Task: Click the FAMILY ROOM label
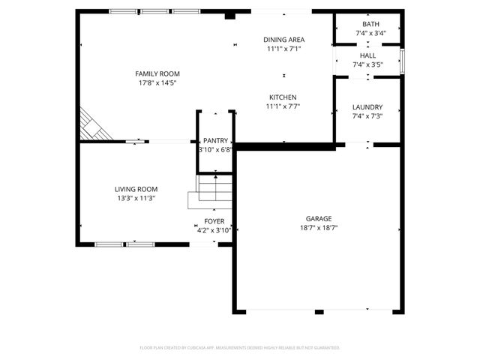157,73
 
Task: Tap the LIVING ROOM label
135,189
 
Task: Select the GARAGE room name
318,218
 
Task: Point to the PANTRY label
215,140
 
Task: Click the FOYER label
214,221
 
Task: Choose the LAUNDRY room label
367,107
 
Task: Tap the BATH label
370,24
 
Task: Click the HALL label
367,55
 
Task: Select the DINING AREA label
283,40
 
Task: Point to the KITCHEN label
283,97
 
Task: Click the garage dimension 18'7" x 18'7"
318,227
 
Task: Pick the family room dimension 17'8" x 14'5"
157,82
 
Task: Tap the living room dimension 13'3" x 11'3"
135,198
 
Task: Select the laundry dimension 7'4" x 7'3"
367,116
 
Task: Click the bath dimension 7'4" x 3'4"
370,33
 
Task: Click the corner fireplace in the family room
93,125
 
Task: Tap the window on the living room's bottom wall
124,244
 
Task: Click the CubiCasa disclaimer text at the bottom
240,348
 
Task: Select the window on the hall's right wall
403,61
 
